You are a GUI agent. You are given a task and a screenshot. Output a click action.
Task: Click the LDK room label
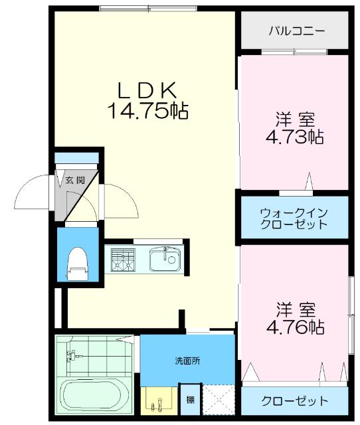[x=147, y=90]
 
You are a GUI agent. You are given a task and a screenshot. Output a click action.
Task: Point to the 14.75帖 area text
[x=147, y=110]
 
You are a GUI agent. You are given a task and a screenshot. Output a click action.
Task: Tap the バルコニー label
[x=297, y=31]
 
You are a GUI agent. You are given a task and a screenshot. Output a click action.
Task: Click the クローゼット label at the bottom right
[x=295, y=400]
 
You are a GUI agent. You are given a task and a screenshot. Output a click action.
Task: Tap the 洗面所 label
[x=187, y=361]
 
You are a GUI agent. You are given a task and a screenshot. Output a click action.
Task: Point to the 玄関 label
[x=75, y=179]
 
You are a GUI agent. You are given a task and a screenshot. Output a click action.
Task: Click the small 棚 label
[x=191, y=399]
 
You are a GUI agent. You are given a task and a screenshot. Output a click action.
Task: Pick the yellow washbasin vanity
[x=158, y=400]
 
